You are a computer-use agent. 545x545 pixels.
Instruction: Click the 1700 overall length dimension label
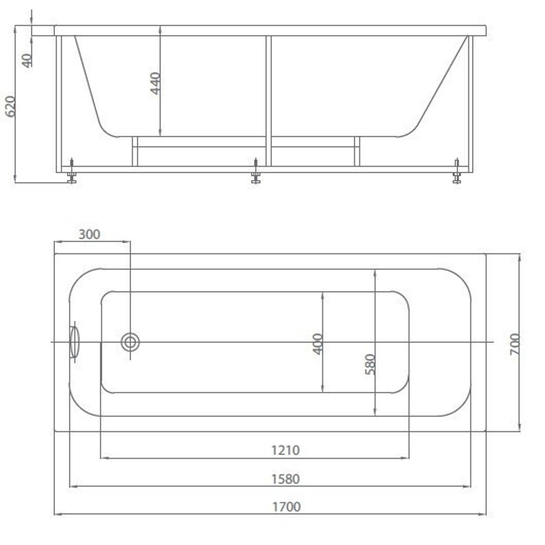tap(286, 506)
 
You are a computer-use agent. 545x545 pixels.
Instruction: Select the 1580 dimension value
tap(286, 479)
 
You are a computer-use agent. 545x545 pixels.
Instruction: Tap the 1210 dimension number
tap(286, 450)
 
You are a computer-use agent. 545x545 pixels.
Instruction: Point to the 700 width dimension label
tap(514, 344)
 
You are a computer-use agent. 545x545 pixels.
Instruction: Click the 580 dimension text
tap(370, 364)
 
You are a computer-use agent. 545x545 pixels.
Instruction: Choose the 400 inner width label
tap(318, 343)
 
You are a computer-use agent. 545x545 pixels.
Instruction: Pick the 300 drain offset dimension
tap(89, 234)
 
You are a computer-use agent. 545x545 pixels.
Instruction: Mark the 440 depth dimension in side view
tap(155, 83)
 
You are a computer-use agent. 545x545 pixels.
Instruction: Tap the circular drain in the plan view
tap(130, 342)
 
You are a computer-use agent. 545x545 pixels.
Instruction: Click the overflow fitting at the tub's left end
tap(74, 342)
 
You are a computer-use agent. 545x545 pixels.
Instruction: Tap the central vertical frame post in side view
tap(268, 101)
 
